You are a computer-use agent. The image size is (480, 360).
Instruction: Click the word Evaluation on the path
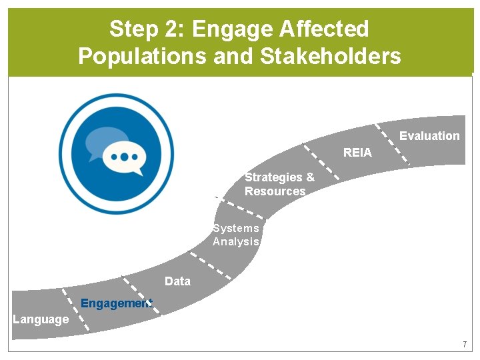[429, 136]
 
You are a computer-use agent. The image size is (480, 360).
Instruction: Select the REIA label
[357, 153]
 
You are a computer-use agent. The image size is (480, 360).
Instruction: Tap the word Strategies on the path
[274, 177]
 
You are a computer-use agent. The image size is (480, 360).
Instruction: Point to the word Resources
[275, 191]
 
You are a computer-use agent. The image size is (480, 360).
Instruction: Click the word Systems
[235, 228]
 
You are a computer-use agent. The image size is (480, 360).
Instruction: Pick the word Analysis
[235, 241]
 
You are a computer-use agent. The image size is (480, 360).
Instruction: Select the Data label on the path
[177, 281]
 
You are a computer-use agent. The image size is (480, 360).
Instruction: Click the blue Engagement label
[116, 304]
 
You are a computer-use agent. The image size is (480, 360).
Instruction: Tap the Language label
[41, 319]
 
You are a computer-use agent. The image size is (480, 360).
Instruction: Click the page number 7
[465, 345]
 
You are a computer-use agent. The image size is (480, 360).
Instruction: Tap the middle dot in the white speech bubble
[124, 157]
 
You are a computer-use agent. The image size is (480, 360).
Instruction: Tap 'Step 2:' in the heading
[147, 29]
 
